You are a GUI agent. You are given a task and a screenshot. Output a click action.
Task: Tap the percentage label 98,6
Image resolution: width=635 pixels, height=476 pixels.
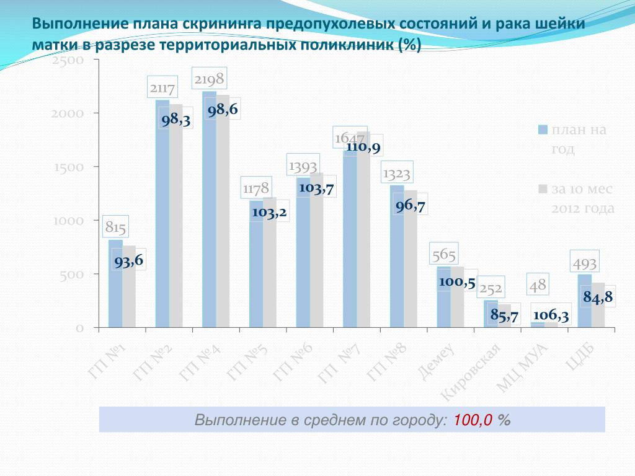[x=223, y=110]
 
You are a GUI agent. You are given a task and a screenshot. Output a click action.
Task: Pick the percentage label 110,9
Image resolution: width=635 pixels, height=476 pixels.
[x=363, y=147]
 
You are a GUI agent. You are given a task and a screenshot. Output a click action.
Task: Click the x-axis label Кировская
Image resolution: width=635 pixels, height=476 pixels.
[x=471, y=372]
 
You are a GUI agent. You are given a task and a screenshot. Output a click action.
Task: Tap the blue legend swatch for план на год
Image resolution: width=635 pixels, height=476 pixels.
[x=543, y=130]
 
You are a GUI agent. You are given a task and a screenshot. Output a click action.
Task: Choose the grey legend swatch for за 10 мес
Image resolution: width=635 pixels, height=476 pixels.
[x=543, y=189]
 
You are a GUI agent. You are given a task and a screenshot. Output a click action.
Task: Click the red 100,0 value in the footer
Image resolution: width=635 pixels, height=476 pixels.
[x=473, y=420]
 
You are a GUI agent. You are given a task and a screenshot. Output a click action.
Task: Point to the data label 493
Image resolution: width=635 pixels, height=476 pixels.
[x=584, y=263]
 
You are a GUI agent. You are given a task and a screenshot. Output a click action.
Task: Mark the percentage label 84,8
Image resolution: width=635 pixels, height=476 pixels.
[x=598, y=297]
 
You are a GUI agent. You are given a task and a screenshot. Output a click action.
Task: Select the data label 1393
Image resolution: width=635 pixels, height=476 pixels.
[x=303, y=165]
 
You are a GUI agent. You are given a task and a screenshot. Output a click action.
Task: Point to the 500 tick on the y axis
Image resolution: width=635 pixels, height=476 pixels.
[x=72, y=274]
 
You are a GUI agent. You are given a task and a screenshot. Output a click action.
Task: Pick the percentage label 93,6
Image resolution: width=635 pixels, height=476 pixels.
[x=129, y=262]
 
